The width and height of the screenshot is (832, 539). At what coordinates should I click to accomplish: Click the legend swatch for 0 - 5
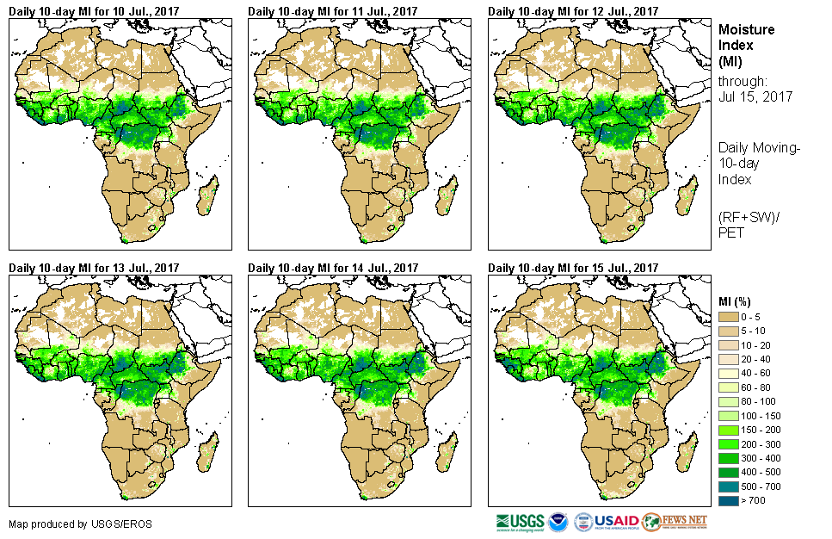(x=728, y=318)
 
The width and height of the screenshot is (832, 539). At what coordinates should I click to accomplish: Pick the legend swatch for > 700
(x=728, y=501)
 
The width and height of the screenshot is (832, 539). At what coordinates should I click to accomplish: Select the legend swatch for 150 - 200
(x=728, y=431)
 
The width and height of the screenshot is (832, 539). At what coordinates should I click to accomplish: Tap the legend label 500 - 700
(x=761, y=487)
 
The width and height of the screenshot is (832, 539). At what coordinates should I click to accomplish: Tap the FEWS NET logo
(x=675, y=522)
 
